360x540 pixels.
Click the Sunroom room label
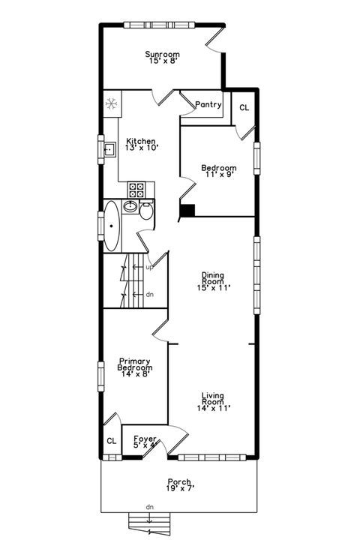click(162, 57)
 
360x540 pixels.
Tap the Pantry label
click(208, 105)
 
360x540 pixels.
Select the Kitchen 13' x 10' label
click(140, 145)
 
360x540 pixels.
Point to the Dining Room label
click(212, 280)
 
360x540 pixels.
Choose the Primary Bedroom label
click(135, 368)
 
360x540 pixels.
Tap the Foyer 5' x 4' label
click(145, 442)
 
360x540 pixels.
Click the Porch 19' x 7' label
click(179, 485)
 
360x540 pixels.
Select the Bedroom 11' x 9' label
click(219, 171)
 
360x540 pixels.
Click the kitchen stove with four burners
click(136, 188)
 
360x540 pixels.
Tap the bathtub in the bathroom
click(112, 225)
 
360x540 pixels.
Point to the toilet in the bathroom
click(146, 213)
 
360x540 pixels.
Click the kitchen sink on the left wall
click(108, 148)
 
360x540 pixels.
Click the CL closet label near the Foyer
click(111, 441)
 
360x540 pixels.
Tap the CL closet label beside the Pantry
click(244, 108)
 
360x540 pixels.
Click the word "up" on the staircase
click(150, 267)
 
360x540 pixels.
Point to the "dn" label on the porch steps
click(150, 508)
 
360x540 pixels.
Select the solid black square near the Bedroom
click(189, 211)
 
